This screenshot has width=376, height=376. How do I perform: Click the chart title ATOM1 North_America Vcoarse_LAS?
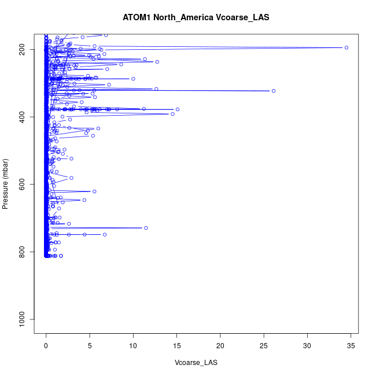196,17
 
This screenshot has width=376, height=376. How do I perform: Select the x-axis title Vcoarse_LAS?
196,363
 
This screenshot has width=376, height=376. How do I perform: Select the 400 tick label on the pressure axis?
25,117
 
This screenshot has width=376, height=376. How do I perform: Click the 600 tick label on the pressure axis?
25,184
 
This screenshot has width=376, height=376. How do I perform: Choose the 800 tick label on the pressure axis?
25,252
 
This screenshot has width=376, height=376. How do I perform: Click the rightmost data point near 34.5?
346,47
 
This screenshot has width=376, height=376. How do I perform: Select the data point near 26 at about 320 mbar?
274,91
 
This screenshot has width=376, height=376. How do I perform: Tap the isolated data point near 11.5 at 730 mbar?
146,228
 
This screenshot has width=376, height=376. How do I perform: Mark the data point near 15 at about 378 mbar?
178,109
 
